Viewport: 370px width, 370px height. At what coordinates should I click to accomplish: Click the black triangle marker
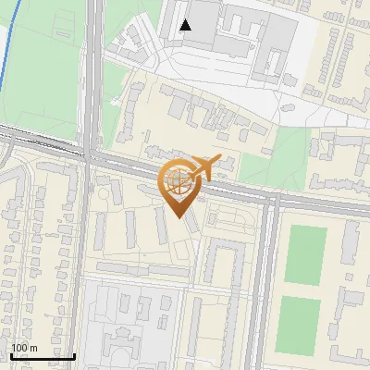(186, 25)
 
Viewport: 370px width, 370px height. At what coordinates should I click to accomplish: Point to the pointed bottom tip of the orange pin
(179, 216)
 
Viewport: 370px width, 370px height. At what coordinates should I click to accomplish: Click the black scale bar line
(43, 355)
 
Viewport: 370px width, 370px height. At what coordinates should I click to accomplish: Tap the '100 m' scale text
(25, 347)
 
